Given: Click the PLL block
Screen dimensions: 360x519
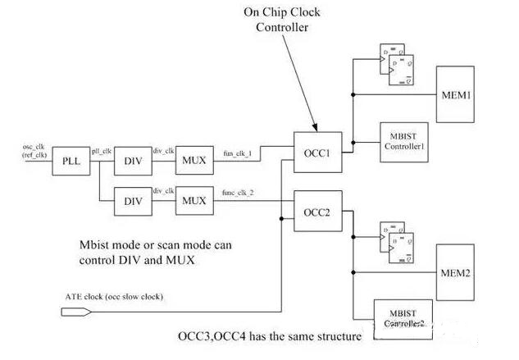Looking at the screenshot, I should click(70, 161).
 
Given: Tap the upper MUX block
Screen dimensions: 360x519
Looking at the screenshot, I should click(193, 161).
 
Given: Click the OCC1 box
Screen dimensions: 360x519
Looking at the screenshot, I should click(317, 153).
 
